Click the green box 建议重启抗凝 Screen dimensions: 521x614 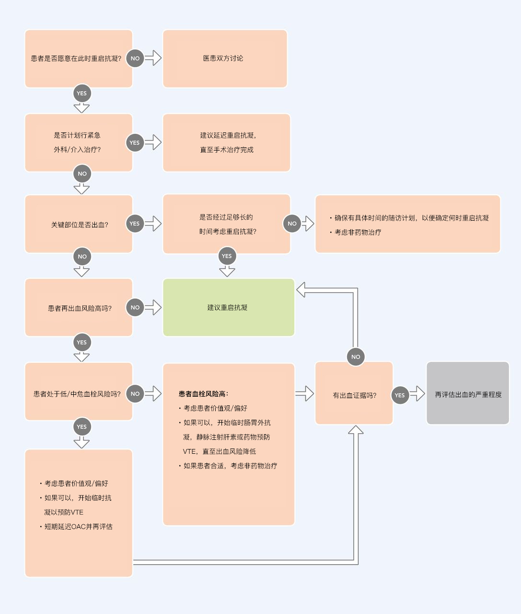229,307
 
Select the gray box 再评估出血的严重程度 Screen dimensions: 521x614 468,393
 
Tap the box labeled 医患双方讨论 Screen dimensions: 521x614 225,59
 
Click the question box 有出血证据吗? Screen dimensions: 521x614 354,393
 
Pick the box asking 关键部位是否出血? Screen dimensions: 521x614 79,224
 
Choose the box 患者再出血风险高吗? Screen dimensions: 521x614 79,307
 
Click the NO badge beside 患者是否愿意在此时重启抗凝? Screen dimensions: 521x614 135,58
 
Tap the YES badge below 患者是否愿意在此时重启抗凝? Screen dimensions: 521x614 82,93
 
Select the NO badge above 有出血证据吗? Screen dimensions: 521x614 356,357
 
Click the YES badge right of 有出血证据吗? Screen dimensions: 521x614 400,395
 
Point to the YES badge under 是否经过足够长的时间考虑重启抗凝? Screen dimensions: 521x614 227,256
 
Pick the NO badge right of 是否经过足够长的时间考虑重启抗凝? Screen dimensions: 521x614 292,224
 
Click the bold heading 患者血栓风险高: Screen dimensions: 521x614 203,394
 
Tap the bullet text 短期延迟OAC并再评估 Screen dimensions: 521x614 79,527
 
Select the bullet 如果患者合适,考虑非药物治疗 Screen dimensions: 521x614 231,466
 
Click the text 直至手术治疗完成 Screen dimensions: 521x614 227,150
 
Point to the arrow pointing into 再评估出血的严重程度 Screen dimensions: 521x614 417,394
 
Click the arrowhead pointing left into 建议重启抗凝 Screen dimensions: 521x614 301,290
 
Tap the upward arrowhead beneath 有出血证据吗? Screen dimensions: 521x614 356,429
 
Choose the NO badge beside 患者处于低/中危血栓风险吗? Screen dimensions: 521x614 135,394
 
